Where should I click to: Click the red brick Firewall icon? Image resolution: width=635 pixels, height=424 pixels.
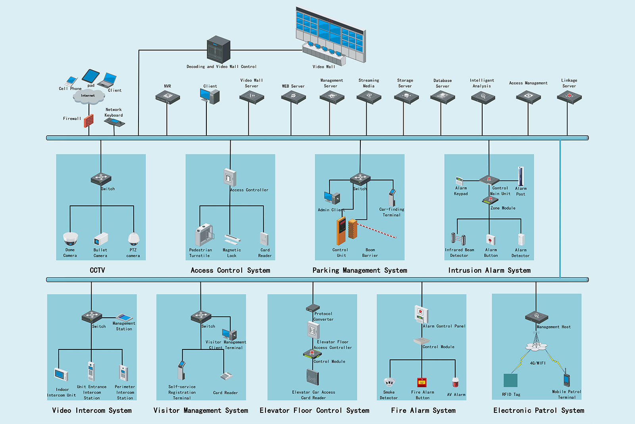point(89,121)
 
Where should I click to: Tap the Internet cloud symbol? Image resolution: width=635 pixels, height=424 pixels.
point(89,96)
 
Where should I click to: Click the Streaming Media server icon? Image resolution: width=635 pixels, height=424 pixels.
point(369,97)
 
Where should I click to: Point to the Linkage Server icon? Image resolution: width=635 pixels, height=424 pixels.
point(569,97)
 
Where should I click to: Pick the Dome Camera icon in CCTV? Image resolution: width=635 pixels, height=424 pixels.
point(70,239)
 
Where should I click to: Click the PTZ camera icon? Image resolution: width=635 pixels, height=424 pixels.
point(133,239)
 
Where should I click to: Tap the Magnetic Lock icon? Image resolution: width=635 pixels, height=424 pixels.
point(232,240)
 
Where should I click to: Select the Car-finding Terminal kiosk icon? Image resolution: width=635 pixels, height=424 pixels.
point(392,198)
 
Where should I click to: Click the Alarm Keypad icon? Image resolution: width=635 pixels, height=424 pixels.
point(459,181)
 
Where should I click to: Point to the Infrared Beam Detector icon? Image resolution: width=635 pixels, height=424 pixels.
point(458,239)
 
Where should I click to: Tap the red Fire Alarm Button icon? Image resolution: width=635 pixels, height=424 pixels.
point(422,382)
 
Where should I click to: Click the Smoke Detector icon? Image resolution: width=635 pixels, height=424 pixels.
point(389,382)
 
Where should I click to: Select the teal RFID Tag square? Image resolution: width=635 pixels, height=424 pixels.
point(510,380)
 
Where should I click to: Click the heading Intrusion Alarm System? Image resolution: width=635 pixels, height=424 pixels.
point(489,271)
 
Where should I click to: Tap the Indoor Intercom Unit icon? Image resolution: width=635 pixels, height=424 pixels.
point(61,375)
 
